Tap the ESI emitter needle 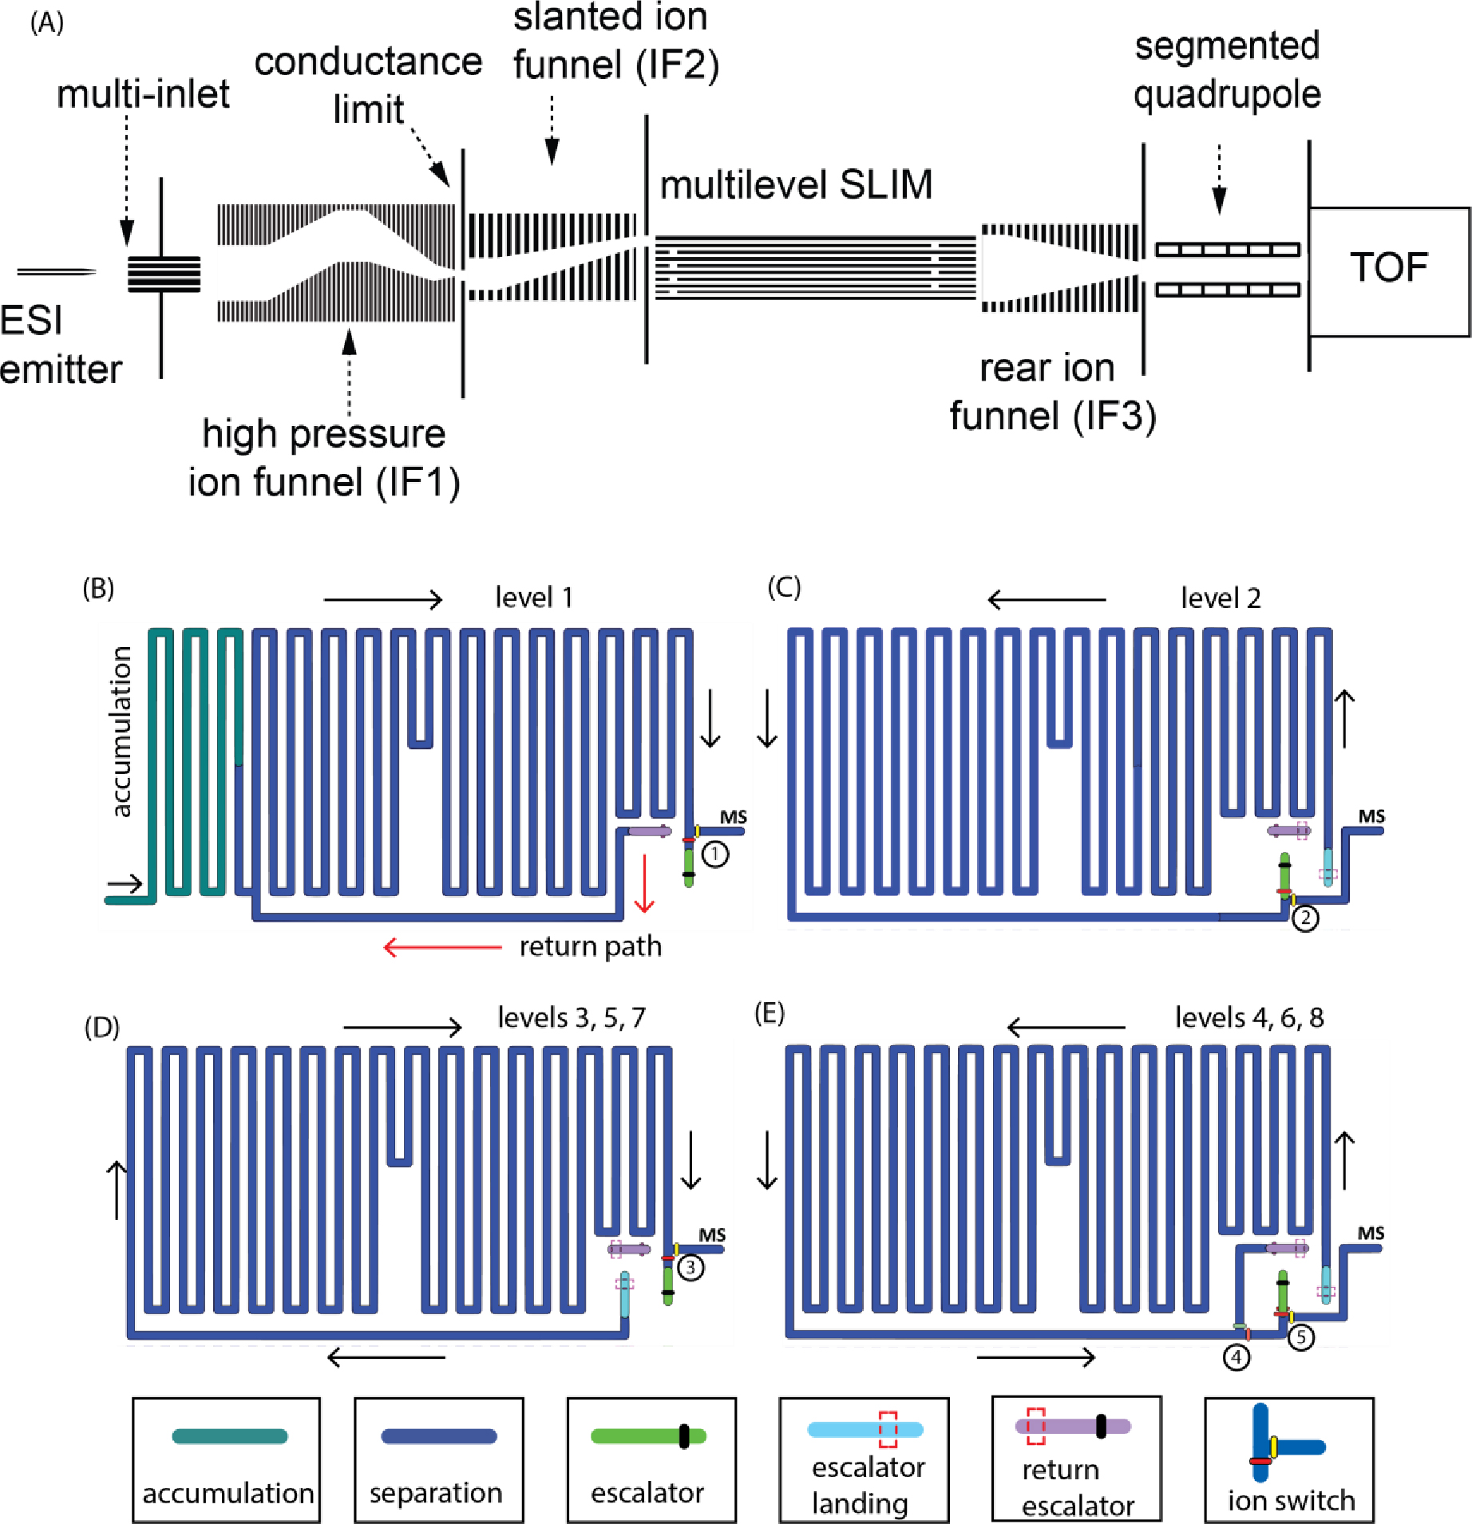[56, 272]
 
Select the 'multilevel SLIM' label [796, 185]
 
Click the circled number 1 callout [714, 855]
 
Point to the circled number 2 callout [1305, 918]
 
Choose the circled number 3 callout [690, 1267]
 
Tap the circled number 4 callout [1237, 1356]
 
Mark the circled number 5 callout [1300, 1337]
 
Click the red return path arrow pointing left [443, 947]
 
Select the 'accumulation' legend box [227, 1459]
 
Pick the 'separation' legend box [439, 1459]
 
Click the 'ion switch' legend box [1289, 1459]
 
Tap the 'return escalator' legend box [1076, 1459]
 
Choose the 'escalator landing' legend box [865, 1459]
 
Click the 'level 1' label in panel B [534, 598]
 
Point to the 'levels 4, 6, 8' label [1249, 1017]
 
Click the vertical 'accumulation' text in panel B [121, 732]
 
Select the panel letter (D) [102, 1027]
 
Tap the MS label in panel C [1371, 816]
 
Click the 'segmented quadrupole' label [1227, 70]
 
